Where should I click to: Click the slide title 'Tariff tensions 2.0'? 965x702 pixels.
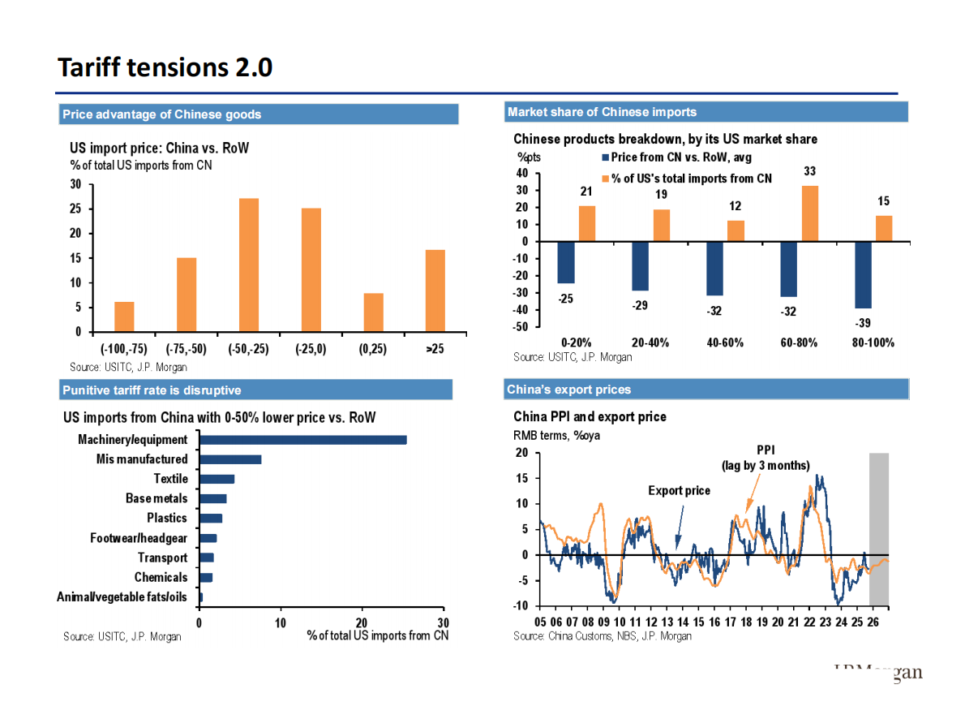(x=165, y=67)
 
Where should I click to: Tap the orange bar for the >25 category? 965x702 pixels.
(x=435, y=291)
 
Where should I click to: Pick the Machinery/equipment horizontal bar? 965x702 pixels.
(x=302, y=440)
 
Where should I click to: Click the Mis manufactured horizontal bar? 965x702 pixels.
(x=230, y=459)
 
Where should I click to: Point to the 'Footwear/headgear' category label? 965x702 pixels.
(x=139, y=538)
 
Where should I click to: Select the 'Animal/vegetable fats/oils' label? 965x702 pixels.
(x=122, y=597)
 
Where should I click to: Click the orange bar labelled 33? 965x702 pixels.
(x=809, y=213)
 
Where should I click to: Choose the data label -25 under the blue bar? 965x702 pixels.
(x=565, y=299)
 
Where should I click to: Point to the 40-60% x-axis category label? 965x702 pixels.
(x=725, y=342)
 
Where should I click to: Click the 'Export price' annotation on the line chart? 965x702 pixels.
(x=679, y=490)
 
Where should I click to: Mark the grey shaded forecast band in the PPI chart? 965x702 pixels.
(x=879, y=528)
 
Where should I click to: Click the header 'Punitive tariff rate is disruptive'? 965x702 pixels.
(x=152, y=390)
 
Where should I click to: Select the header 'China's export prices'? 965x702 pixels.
(x=568, y=390)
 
